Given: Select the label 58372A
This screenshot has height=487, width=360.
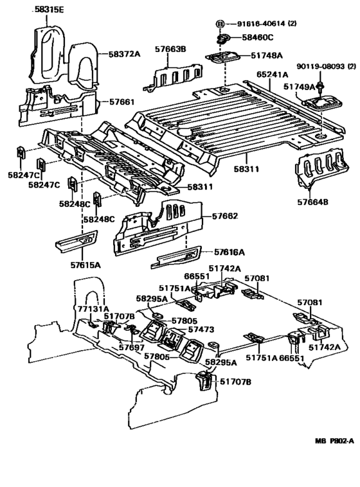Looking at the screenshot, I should (x=125, y=55).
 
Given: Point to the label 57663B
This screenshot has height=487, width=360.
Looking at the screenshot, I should (x=170, y=49).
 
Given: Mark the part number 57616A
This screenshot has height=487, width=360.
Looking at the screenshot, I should (x=230, y=252).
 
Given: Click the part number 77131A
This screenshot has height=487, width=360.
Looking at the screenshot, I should (x=93, y=308).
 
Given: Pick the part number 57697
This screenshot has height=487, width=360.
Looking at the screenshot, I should (x=131, y=348).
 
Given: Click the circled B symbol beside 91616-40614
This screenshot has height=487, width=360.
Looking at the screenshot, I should (x=221, y=23).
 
